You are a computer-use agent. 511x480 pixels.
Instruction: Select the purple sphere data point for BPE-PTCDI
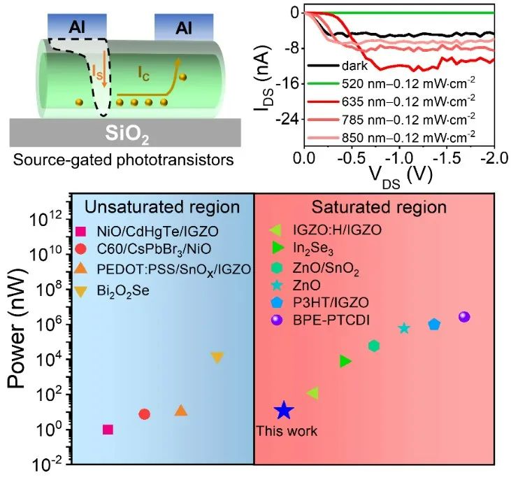464,317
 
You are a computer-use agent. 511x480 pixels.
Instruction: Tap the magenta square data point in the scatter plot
108,430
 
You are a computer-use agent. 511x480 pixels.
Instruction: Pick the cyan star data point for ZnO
404,328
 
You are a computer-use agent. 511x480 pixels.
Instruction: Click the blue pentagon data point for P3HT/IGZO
434,324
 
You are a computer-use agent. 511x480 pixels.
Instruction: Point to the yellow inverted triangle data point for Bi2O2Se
217,358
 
